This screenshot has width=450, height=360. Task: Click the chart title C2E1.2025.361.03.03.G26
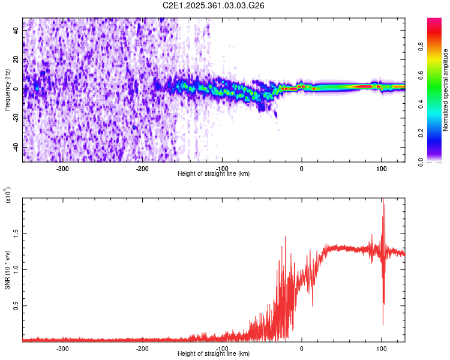[214, 5]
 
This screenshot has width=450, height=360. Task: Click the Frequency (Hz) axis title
[7, 89]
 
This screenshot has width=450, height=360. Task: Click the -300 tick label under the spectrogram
[63, 169]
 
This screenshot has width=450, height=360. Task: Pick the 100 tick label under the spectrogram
[381, 169]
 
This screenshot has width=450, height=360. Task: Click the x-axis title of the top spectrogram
[214, 174]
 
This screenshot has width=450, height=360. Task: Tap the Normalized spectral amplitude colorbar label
[446, 90]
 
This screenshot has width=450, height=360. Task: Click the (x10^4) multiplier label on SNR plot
[8, 196]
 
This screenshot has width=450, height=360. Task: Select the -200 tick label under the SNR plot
[142, 348]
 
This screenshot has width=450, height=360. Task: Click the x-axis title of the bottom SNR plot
[214, 353]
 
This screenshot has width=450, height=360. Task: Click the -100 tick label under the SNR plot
[222, 348]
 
